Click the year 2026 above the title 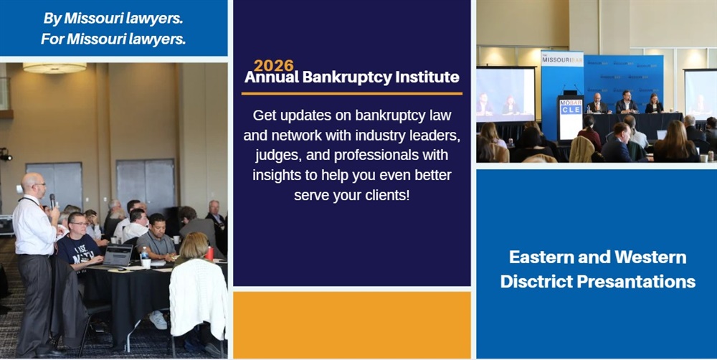point(274,65)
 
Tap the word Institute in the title point(427,77)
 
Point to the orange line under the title point(351,93)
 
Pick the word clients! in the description point(385,195)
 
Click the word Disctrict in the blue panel point(536,281)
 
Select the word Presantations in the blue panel point(636,281)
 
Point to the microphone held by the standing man point(52,201)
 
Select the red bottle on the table point(210,252)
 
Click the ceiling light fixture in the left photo point(55,67)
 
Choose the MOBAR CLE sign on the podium point(571,107)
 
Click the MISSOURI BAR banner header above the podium point(562,59)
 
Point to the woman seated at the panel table point(654,104)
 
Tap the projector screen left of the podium point(505,95)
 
